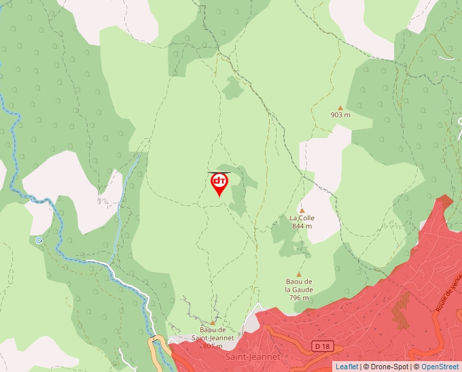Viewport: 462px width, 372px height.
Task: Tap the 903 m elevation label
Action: pos(340,115)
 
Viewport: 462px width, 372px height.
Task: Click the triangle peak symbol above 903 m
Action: pos(340,107)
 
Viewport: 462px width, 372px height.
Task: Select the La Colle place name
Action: pos(302,218)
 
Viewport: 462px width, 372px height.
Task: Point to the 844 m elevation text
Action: pos(302,226)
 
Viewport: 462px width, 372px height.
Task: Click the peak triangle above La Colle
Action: pos(302,211)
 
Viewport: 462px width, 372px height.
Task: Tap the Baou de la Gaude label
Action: pos(299,286)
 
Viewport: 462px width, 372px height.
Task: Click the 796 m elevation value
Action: pos(299,298)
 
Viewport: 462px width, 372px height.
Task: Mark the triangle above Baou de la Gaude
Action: pos(298,274)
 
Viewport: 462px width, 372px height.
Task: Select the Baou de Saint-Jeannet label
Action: pos(213,335)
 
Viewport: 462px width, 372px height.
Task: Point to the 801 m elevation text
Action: pos(213,346)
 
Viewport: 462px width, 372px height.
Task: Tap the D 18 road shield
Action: pos(323,346)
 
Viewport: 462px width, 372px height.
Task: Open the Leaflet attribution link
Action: pos(346,367)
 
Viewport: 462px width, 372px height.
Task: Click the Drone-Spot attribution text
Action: pos(385,367)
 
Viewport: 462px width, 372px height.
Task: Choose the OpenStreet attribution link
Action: pos(440,367)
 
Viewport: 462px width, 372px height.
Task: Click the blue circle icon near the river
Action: pos(39,240)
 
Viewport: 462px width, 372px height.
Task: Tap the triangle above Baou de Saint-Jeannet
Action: pos(213,323)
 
